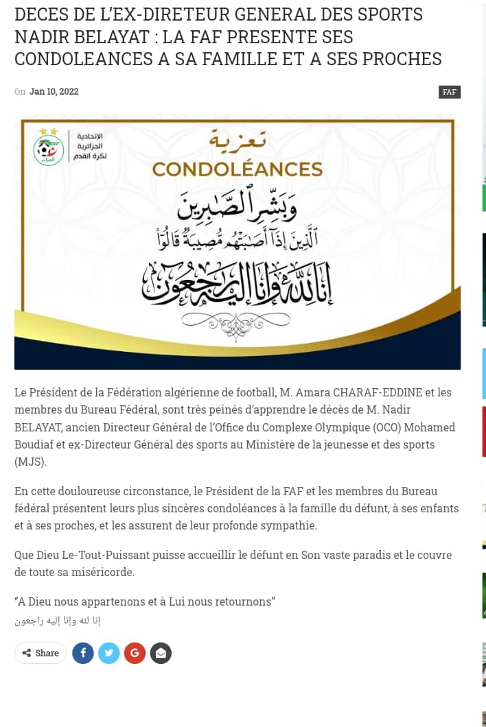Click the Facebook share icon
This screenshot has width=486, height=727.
tap(83, 653)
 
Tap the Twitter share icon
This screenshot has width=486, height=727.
tap(108, 653)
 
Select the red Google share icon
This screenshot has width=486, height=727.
tap(135, 653)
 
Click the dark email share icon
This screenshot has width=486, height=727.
tap(161, 653)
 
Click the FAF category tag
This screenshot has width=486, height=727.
tap(450, 92)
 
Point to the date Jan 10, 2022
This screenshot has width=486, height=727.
tap(54, 92)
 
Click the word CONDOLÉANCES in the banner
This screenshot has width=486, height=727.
tap(237, 169)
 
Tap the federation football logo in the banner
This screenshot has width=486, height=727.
tap(49, 150)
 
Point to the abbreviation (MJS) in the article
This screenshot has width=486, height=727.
tap(31, 462)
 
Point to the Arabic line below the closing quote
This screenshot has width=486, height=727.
tap(58, 621)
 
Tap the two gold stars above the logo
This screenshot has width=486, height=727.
tap(49, 131)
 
